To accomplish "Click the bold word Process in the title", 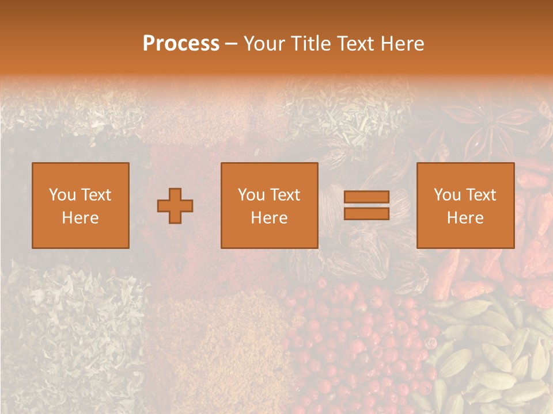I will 181,44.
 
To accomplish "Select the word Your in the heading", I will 265,44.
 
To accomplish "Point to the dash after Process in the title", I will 232,45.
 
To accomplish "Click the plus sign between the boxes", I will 175,205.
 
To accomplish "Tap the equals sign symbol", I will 366,205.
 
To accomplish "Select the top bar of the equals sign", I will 366,197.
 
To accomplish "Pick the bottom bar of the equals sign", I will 366,213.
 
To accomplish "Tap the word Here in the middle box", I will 270,218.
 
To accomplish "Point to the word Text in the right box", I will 480,195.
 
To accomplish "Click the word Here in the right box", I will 465,218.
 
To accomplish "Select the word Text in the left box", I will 96,195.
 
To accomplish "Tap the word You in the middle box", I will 251,195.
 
